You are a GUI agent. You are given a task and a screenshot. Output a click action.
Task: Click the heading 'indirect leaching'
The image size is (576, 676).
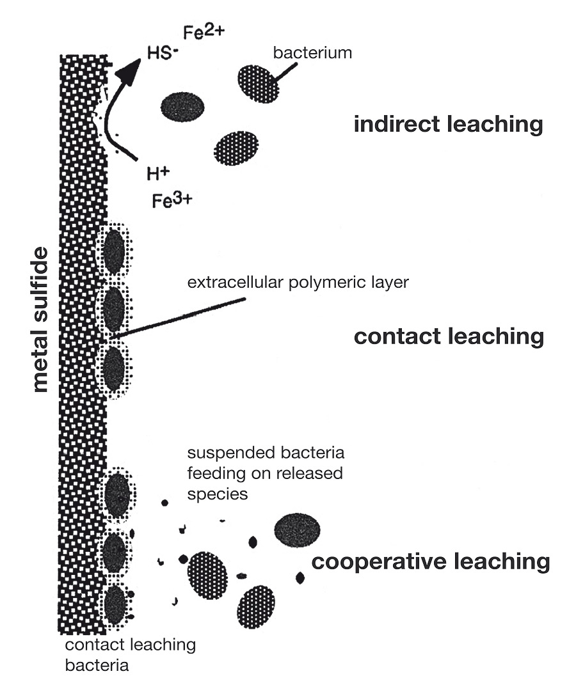[448, 124]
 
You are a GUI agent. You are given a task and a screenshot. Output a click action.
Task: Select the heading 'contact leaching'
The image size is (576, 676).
[448, 336]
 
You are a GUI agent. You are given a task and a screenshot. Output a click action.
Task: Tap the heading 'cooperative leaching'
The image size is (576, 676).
[430, 562]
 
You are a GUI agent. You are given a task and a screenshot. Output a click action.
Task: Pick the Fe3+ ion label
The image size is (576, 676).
[172, 200]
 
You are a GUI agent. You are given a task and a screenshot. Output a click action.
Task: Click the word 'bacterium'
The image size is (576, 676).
[312, 52]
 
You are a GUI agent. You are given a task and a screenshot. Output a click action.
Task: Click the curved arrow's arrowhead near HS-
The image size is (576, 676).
[132, 70]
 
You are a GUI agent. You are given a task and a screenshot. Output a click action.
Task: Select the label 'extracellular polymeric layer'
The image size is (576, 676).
[297, 282]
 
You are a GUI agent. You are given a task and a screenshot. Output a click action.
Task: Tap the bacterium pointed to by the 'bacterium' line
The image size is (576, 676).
[259, 83]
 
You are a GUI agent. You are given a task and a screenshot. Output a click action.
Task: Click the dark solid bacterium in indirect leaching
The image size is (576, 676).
[182, 105]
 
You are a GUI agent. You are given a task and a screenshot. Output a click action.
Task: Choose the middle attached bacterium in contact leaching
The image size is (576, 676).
[113, 310]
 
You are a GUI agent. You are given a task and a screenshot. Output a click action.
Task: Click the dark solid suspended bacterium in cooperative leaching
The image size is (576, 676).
[297, 529]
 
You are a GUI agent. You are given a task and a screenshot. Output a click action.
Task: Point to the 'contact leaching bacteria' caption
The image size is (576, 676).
[130, 654]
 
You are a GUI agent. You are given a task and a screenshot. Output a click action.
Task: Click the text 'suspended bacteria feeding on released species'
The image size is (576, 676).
[265, 474]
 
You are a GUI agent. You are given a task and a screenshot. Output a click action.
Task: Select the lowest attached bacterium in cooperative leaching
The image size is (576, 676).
[115, 604]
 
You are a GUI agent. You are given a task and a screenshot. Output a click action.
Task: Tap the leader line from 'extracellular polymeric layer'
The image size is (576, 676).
[179, 317]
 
